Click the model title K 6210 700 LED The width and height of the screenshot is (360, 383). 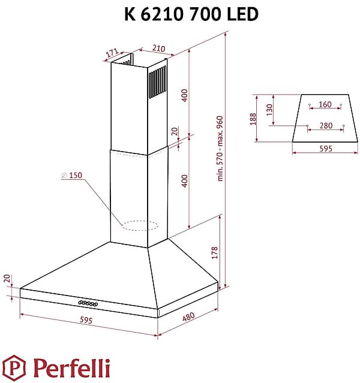[191, 14]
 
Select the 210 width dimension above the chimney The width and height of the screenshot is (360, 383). [158, 49]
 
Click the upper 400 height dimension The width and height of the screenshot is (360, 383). [185, 95]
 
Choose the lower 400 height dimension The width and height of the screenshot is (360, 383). [185, 180]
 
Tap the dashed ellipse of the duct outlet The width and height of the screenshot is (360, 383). [139, 226]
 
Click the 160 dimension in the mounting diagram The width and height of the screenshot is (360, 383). [325, 104]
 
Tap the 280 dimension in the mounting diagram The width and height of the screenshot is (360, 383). [325, 125]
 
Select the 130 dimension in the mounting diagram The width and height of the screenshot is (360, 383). [269, 110]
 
